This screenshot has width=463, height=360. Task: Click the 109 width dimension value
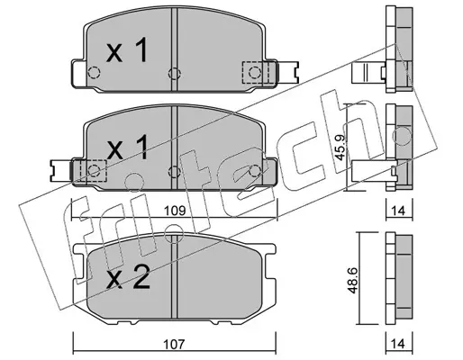175,211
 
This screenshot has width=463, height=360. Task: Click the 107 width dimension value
175,344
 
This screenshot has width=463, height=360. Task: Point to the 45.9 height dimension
340,148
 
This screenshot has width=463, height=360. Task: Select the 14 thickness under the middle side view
398,211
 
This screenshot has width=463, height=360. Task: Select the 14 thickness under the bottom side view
398,344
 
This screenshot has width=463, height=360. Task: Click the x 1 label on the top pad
127,50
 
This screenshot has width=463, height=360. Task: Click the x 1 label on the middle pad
127,147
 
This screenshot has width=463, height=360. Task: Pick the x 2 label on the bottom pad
128,277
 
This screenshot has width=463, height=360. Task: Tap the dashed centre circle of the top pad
174,73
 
